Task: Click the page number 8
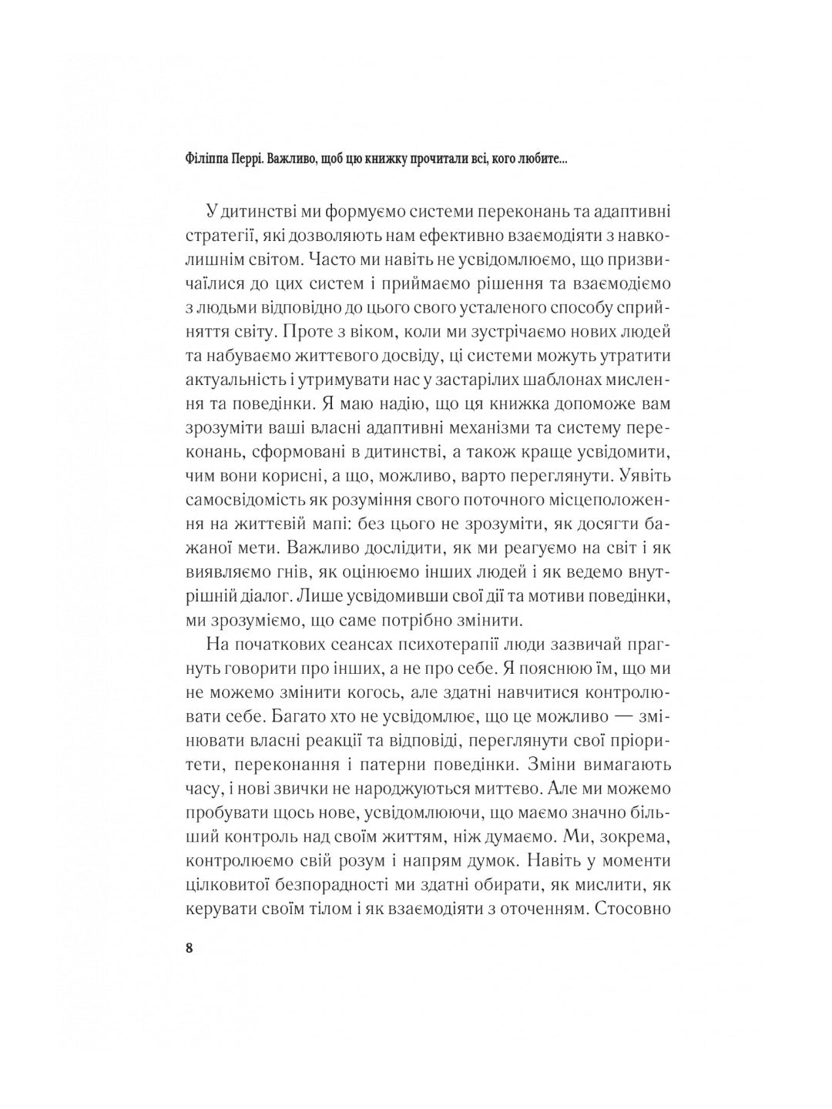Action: click(x=190, y=947)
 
